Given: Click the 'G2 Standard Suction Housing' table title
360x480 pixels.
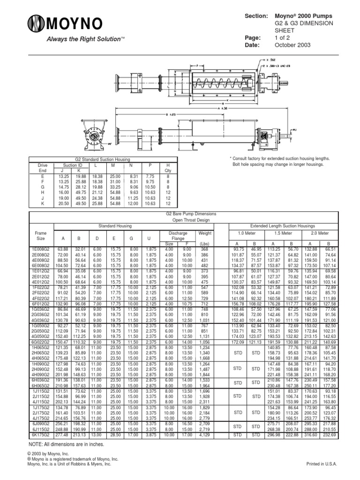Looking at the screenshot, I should click(103, 160).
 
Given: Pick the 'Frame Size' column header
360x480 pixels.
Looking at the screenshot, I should click(41, 236).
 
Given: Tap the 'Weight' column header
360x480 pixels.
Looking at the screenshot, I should click(205, 233).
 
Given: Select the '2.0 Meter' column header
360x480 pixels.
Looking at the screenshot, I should click(320, 233).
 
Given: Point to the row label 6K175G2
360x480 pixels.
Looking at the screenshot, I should click(41, 435).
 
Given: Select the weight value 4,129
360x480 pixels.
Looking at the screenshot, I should click(205, 435).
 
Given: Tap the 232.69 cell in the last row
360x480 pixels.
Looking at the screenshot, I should click(330, 435).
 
